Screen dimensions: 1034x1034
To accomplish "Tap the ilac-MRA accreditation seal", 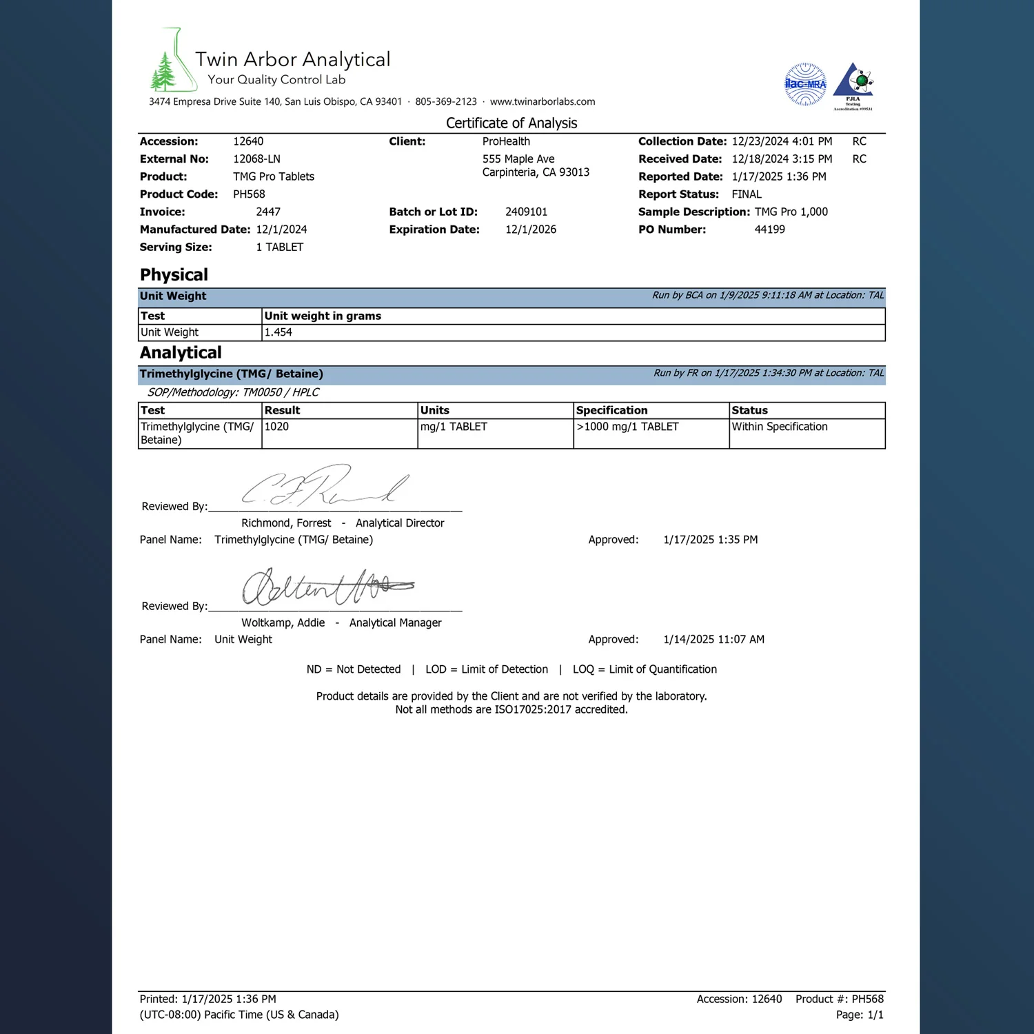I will [x=805, y=84].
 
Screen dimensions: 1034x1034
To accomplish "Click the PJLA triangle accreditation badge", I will [x=853, y=84].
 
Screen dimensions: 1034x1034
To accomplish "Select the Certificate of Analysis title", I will [x=511, y=123].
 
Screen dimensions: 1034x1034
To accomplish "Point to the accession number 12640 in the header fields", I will [x=248, y=141].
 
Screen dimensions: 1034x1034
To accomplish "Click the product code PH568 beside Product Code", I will [x=249, y=194].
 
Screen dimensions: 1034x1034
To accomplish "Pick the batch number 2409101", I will [x=526, y=212].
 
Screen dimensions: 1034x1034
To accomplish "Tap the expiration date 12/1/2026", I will [x=531, y=230].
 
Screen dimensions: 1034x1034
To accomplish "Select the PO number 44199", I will [x=769, y=230].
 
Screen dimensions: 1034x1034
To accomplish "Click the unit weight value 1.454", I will [x=278, y=332].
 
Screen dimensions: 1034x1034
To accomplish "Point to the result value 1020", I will [x=276, y=427].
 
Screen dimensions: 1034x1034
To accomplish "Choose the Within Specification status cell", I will [x=779, y=427].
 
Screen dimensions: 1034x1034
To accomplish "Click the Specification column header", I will [x=611, y=410].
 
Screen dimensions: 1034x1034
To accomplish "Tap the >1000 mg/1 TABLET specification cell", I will [x=627, y=427].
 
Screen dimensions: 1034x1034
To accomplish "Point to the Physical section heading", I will [x=174, y=275].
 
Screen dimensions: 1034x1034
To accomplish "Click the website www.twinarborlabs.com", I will [x=543, y=102].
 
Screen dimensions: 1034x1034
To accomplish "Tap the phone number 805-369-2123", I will [x=446, y=102].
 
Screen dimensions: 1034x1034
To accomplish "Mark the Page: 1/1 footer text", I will [x=859, y=1015].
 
